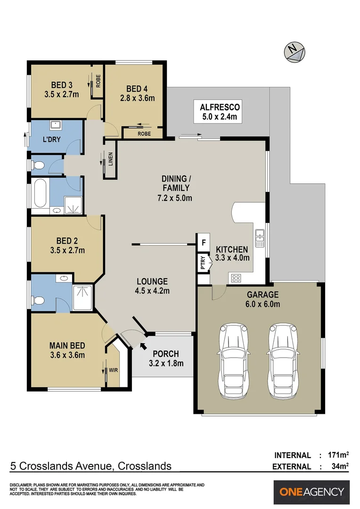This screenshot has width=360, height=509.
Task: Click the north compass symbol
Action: [294, 51]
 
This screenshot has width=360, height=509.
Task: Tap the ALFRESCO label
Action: [220, 106]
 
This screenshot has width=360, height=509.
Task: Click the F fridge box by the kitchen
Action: [204, 242]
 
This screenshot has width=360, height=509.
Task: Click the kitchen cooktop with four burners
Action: [236, 278]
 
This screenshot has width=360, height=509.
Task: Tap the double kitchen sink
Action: [259, 238]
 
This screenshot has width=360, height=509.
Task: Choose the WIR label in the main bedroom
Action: [113, 370]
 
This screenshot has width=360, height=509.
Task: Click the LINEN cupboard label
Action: [110, 159]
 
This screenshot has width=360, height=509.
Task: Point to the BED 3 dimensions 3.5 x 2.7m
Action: [62, 94]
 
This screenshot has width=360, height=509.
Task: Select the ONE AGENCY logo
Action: [311, 492]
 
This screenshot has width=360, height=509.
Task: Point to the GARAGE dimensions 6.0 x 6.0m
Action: [263, 304]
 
